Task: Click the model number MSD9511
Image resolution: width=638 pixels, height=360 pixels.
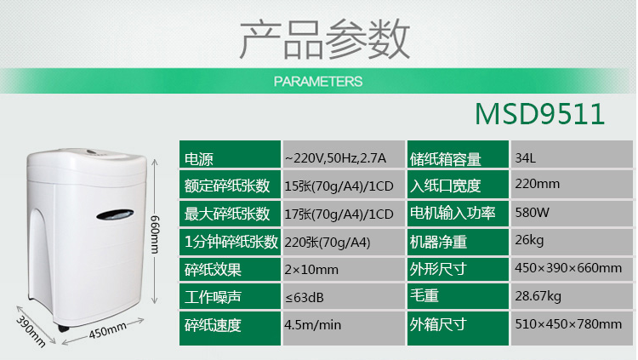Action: (539, 114)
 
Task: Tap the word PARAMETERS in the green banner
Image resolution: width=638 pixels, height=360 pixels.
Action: (318, 82)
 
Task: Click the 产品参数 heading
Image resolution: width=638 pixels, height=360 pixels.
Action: (324, 39)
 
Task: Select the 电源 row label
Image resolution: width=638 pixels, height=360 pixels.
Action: (198, 159)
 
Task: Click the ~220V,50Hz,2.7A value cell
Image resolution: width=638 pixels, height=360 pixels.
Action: (335, 158)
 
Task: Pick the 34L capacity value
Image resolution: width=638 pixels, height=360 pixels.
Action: (526, 158)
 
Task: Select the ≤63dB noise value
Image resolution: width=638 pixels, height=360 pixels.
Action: (305, 298)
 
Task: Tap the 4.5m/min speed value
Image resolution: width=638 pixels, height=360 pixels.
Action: (313, 324)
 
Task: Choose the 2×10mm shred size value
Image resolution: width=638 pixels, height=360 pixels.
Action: (311, 270)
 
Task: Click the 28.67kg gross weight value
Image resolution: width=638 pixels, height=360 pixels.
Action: (538, 296)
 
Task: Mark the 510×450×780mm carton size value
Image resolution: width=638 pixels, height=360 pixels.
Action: (568, 324)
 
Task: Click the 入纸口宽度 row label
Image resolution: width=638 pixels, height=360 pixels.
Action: (445, 186)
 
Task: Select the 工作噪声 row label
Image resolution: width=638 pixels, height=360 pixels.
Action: (213, 297)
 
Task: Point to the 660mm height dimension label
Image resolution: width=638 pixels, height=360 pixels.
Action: (155, 234)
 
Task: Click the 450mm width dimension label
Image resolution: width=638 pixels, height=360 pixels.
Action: (108, 332)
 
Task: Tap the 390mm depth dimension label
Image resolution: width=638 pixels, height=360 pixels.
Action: (31, 332)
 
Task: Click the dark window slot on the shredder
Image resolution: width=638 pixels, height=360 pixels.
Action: (115, 214)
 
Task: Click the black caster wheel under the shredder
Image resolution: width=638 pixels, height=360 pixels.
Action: (62, 328)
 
